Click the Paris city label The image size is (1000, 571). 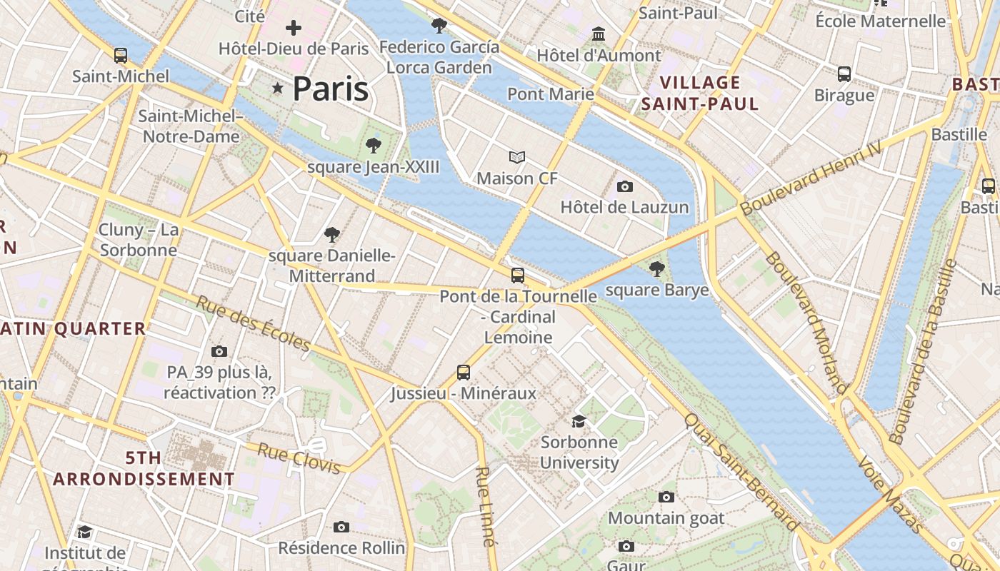coord(330,89)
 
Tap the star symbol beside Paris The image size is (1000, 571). coord(278,89)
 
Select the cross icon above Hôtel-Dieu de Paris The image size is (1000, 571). coord(293,28)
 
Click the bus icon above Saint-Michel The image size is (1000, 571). coord(121,55)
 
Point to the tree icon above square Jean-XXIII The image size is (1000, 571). coord(373,146)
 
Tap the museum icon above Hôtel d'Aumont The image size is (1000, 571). coord(599,34)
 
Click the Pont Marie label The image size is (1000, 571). coord(551,94)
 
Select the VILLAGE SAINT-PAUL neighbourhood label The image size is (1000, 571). coord(700,93)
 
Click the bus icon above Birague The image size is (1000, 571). coord(844,74)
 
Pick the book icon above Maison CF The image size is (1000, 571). coord(517,157)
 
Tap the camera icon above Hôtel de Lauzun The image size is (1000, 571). coord(625,186)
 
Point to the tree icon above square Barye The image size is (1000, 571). coord(656,269)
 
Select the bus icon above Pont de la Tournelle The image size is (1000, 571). coord(518,275)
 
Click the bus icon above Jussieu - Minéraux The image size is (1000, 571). coord(464,372)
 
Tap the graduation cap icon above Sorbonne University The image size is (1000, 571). coord(579,421)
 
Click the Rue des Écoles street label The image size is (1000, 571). coord(254,324)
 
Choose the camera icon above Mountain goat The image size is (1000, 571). coord(666,497)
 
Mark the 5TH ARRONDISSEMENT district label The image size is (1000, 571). coord(144,468)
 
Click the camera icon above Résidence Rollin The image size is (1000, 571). coord(341,527)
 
